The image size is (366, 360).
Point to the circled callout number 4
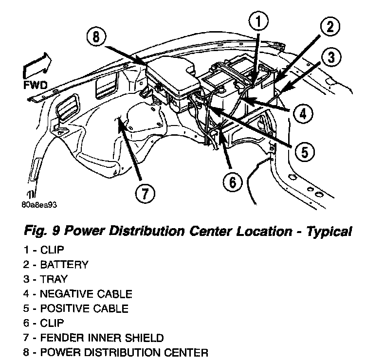point(303,114)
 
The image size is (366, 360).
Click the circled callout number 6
point(232,182)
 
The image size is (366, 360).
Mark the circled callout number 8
point(97,38)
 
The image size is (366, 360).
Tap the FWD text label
point(35,86)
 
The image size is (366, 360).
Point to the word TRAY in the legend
point(55,280)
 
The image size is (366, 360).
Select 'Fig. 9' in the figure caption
point(40,232)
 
